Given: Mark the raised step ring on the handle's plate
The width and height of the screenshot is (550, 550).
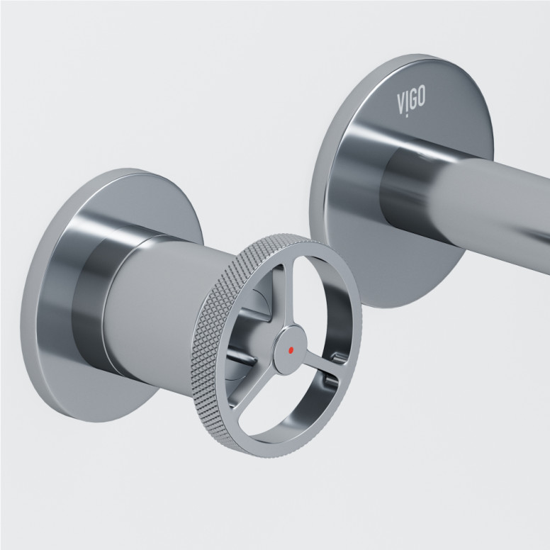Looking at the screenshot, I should pyautogui.click(x=92, y=298).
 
